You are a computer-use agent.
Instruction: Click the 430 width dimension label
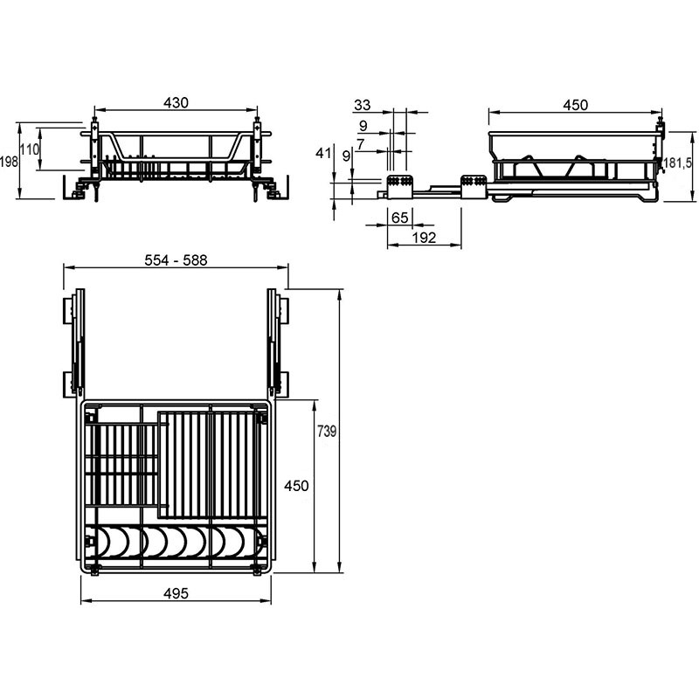coord(176,103)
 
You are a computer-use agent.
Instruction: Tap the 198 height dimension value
coord(9,162)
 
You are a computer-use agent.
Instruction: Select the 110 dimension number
coord(30,149)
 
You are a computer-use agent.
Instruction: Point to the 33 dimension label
coord(362,105)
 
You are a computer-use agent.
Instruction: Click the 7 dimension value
coord(361,144)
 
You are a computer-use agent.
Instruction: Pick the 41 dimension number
coord(323,154)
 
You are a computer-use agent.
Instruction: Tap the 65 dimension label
coord(400,218)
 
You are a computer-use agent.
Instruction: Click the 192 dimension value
coord(424,238)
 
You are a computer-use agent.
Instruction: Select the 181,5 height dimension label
coord(678,163)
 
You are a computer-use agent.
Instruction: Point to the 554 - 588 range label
coord(176,260)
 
